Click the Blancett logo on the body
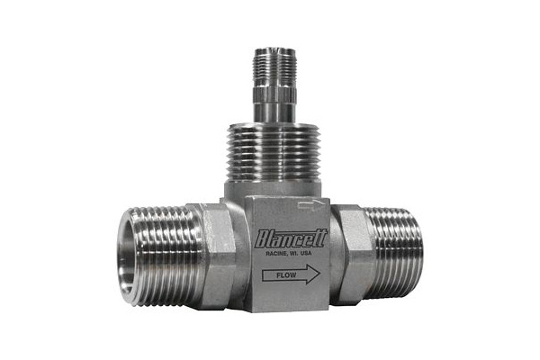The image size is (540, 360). click(x=291, y=238)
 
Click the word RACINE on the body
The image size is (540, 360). click(x=275, y=254)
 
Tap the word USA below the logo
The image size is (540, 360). click(x=306, y=253)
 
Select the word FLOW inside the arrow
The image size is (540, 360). click(x=286, y=275)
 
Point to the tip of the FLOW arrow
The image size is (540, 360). click(x=320, y=274)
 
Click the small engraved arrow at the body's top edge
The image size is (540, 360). click(x=310, y=205)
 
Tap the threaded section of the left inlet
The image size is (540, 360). click(x=162, y=256)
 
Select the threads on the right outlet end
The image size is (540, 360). click(x=395, y=254)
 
